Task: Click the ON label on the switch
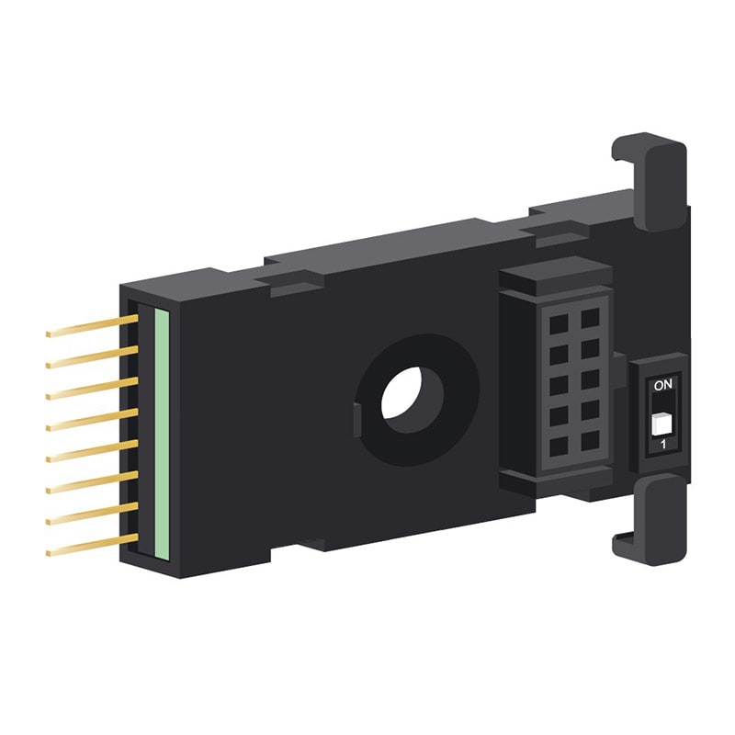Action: [662, 385]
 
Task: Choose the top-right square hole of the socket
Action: [590, 317]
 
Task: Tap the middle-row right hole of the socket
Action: [590, 379]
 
